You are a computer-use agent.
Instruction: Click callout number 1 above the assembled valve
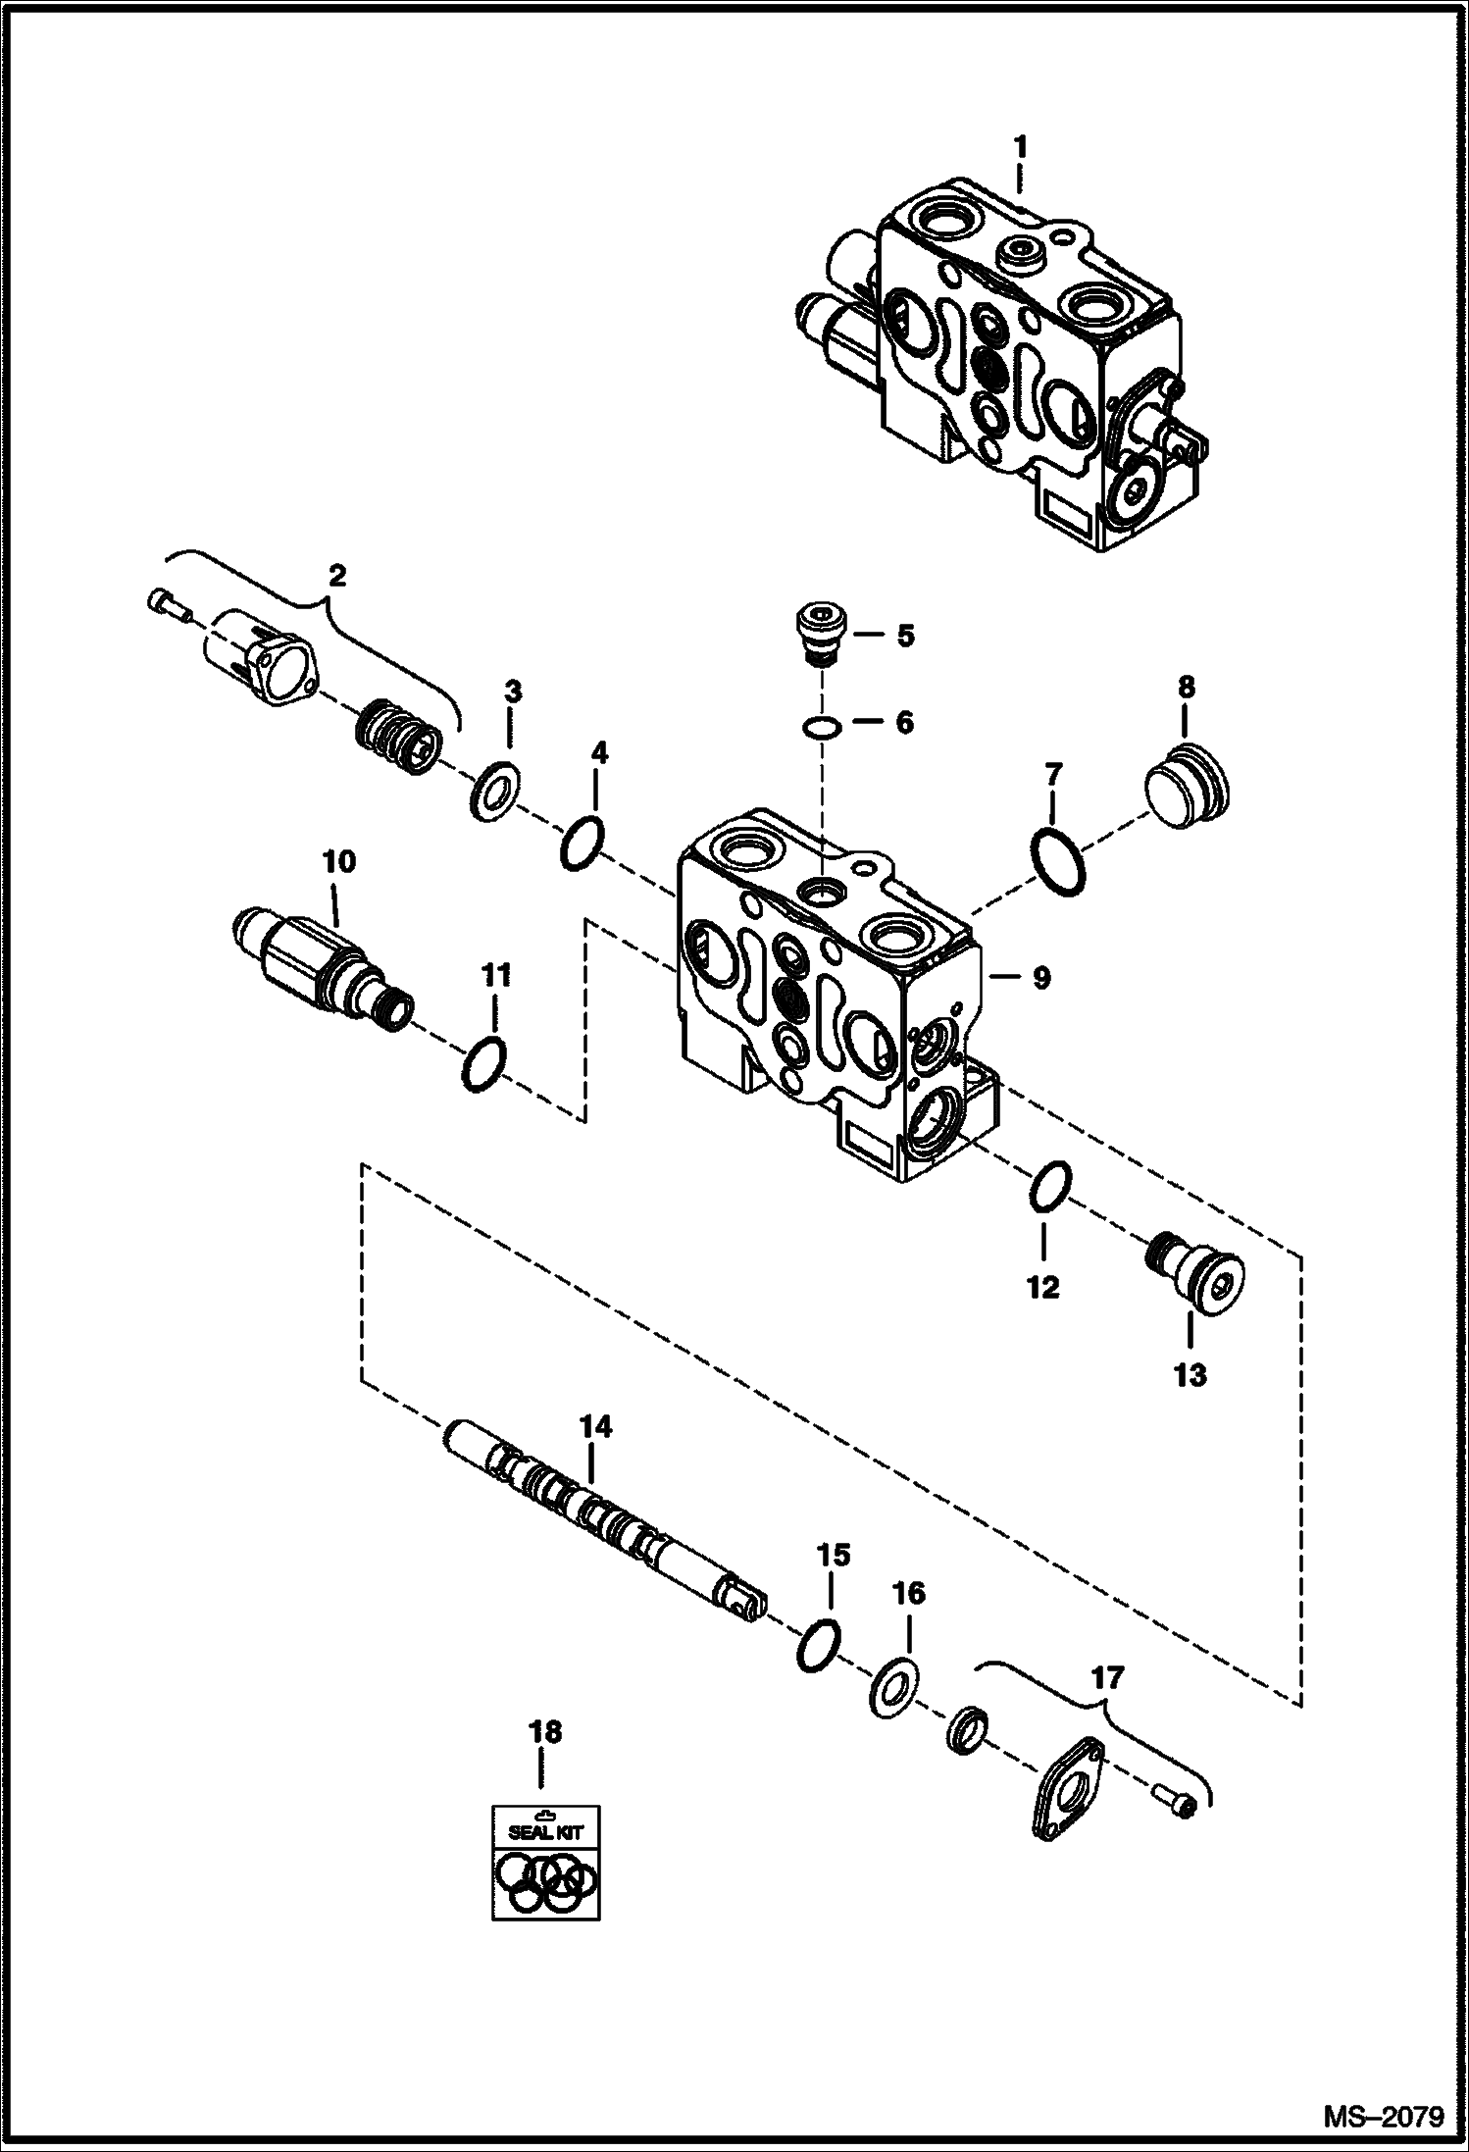point(1020,147)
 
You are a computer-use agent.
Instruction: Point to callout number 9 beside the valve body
point(1039,977)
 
